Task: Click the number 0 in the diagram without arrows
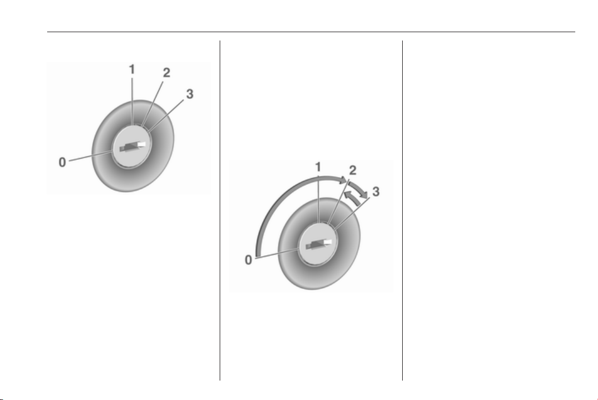[62, 163]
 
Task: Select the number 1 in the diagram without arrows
[132, 69]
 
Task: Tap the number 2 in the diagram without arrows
[166, 73]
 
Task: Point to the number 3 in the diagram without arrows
[190, 94]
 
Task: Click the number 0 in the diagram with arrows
[249, 260]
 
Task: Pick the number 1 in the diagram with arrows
[318, 167]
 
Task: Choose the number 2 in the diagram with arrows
[352, 170]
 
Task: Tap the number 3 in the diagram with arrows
[376, 191]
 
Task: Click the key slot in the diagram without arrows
[133, 146]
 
